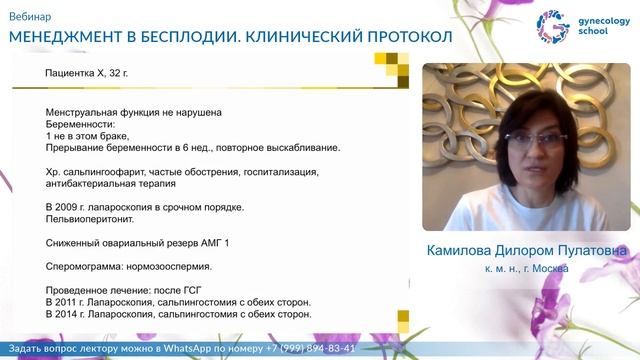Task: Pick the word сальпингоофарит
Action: pos(106,172)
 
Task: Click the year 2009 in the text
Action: pos(72,207)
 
